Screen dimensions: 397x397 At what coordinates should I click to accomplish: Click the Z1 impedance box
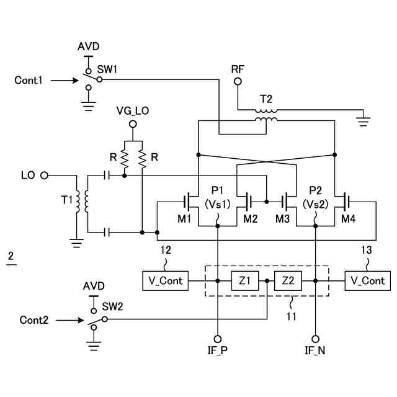[244, 280]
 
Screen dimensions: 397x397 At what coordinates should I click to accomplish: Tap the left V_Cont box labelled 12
[164, 280]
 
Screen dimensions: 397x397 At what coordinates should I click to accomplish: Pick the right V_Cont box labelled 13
[368, 280]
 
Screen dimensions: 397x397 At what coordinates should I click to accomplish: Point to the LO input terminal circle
[44, 176]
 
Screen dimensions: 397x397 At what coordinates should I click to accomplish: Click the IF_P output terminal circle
[218, 339]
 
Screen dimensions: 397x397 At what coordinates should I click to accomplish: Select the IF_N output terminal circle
[315, 339]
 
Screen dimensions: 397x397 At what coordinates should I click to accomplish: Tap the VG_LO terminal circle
[132, 123]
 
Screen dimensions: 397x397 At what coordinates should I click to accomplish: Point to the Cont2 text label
[33, 320]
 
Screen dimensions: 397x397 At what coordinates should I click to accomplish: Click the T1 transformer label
[67, 200]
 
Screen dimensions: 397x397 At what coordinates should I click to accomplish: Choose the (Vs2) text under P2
[315, 203]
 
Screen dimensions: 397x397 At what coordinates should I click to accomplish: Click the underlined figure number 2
[11, 256]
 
